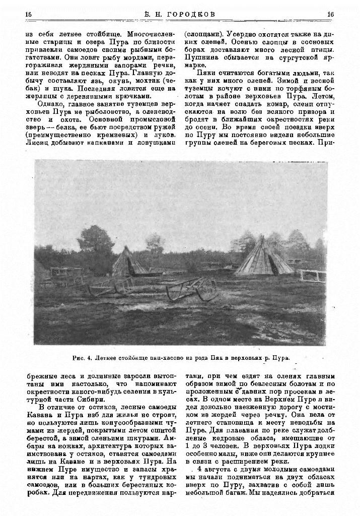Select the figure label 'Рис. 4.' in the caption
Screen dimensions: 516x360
click(x=81, y=358)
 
